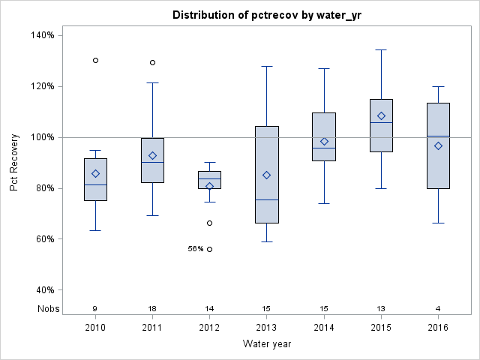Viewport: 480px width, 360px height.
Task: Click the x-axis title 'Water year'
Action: (266, 343)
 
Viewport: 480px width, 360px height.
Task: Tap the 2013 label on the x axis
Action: (267, 328)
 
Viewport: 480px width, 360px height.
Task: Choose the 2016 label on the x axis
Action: (438, 328)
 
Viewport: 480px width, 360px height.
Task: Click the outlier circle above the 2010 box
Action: (95, 60)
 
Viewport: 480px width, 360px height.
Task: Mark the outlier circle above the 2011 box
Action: (152, 62)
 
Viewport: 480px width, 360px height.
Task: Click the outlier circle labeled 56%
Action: (210, 249)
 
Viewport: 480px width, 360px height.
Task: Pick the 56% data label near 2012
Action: (196, 249)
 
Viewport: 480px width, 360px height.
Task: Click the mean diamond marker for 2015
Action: (381, 115)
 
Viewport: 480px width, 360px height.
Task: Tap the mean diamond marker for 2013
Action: (267, 175)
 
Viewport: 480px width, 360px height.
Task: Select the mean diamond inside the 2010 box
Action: (95, 173)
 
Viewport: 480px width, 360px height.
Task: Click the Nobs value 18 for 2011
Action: (152, 308)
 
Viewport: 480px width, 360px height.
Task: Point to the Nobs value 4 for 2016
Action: (438, 308)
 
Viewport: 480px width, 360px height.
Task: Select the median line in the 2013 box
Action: (267, 199)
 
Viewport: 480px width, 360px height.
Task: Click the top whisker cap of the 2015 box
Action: (381, 49)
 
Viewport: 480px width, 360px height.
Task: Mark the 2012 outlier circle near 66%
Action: (210, 223)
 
